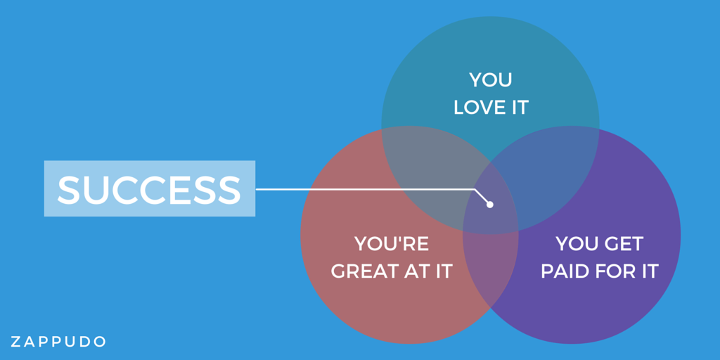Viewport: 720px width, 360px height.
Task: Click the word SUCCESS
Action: pyautogui.click(x=149, y=189)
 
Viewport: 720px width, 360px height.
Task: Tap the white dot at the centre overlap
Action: pyautogui.click(x=490, y=205)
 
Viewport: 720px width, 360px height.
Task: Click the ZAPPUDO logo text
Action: pyautogui.click(x=58, y=342)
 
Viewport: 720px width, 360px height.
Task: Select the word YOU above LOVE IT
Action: pyautogui.click(x=491, y=80)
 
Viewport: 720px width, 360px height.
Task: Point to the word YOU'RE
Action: pyautogui.click(x=392, y=244)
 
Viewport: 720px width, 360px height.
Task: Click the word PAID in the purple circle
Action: pyautogui.click(x=563, y=271)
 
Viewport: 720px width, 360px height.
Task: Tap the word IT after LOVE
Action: pyautogui.click(x=518, y=108)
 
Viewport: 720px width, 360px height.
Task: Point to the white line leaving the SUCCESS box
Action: pyautogui.click(x=366, y=189)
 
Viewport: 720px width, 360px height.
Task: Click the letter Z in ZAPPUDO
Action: pyautogui.click(x=15, y=342)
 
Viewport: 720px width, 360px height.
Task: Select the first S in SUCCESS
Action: pyautogui.click(x=68, y=189)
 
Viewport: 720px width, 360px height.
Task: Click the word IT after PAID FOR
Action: pyautogui.click(x=649, y=271)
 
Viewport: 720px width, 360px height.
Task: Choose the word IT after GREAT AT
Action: pyautogui.click(x=443, y=271)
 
